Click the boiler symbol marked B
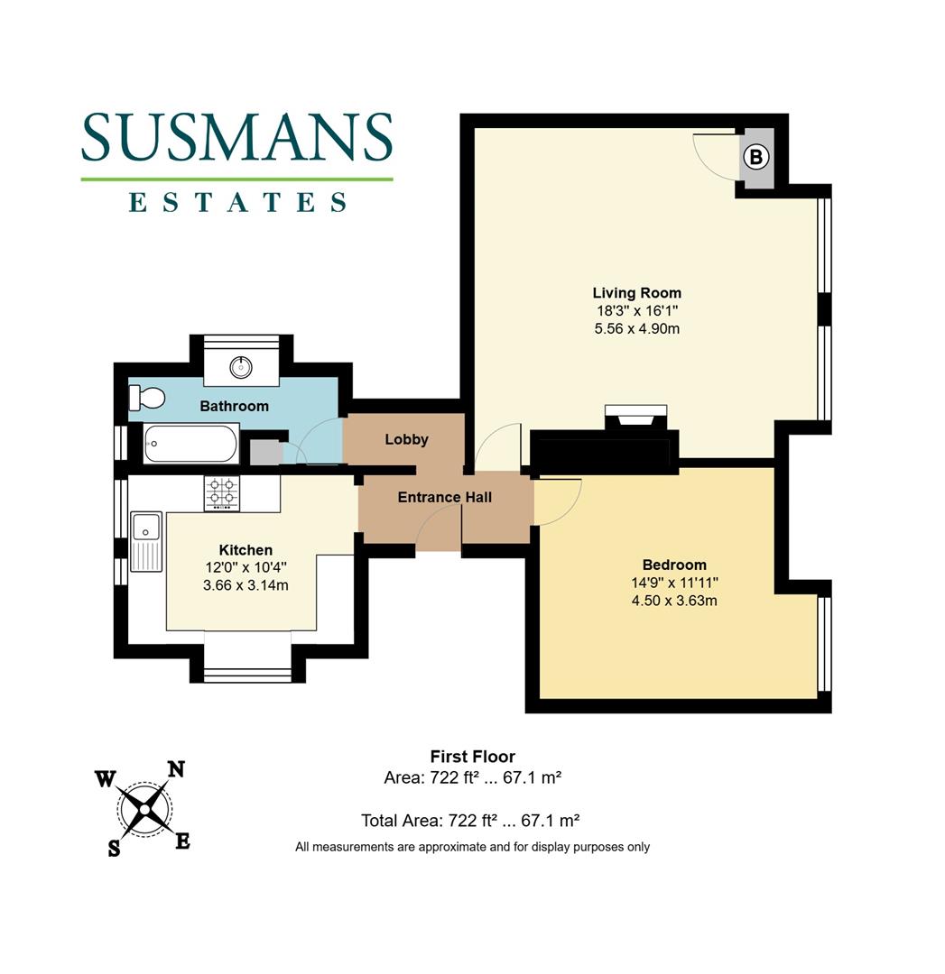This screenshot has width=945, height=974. pos(756,158)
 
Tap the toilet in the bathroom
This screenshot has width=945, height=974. pos(145,397)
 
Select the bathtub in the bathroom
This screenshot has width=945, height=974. pos(191,443)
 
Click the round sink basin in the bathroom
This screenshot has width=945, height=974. pos(241,366)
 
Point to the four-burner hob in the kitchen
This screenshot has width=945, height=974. pos(222,492)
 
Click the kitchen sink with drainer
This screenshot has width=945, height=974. pos(144,541)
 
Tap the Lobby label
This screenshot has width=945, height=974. pos(406,439)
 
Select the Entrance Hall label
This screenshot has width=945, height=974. pos(444,497)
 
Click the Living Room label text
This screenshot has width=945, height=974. pos(636,292)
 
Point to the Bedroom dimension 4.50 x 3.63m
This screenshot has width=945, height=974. pos(674,600)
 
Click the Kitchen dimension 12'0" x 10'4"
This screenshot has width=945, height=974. pos(246,567)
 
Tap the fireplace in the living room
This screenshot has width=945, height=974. pos(635,418)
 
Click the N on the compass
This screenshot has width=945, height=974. pos(176,769)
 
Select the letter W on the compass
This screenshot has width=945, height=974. pos(106,779)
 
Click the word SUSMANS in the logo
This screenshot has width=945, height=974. pos(236,137)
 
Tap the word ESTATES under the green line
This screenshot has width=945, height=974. pos(236,202)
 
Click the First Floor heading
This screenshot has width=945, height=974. pos(472,757)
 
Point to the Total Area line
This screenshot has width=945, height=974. pos(469,821)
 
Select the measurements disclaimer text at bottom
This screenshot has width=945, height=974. pos(472,847)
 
